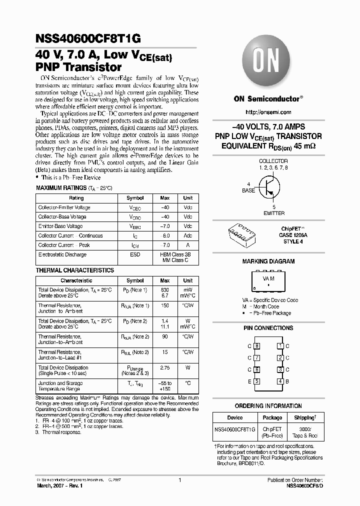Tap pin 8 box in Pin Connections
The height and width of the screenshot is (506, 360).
[x=257, y=345]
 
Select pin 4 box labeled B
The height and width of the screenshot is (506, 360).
[x=280, y=381]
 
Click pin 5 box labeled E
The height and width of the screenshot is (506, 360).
[x=257, y=381]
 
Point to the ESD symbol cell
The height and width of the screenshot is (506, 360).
[x=135, y=254]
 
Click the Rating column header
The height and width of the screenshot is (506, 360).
[x=76, y=198]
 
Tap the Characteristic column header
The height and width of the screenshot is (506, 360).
[x=76, y=280]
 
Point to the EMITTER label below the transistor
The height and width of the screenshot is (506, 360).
[x=273, y=213]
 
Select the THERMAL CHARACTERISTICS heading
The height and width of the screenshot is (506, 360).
[x=75, y=270]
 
